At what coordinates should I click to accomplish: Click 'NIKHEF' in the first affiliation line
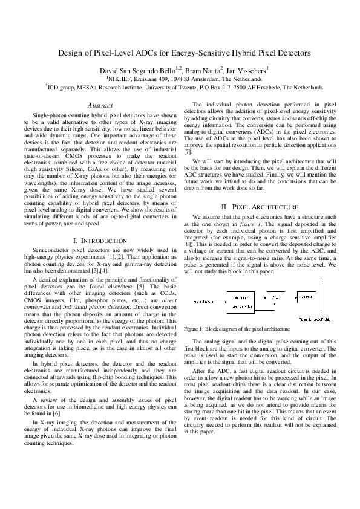point(120,79)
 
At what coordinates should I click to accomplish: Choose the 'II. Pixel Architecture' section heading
point(260,207)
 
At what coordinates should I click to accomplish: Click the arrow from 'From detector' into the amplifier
point(221,300)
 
